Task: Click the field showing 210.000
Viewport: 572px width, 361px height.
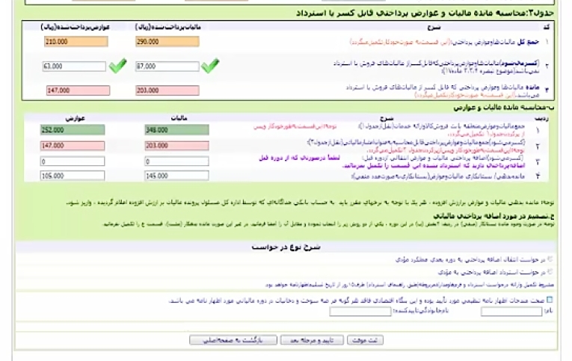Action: coord(74,42)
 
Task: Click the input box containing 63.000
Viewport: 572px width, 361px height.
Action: coord(74,67)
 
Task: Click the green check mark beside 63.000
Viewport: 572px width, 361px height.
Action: coord(117,67)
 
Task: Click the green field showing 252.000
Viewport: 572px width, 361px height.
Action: coord(73,130)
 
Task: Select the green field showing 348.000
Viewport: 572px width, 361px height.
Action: coord(176,130)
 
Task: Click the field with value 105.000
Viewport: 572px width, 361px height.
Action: coord(73,176)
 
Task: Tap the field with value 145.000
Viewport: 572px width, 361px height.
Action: coord(176,176)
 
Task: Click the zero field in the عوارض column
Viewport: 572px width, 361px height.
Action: coord(73,161)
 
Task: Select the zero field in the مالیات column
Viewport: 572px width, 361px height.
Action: coord(176,161)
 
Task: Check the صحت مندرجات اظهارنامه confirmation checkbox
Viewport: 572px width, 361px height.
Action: coord(550,300)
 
